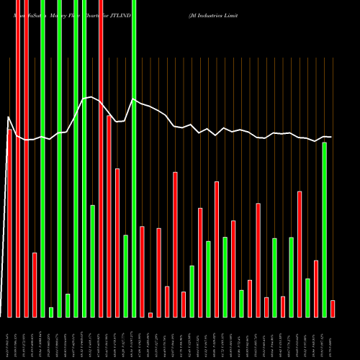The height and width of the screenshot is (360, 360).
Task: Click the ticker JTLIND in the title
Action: [116, 15]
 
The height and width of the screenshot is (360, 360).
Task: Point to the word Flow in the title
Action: [76, 15]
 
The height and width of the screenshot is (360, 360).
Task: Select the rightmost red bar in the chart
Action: [333, 308]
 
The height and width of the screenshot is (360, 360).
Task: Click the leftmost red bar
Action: [9, 223]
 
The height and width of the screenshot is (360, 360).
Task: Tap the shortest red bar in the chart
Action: [150, 315]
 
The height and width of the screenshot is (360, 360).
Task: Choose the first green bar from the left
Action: [42, 158]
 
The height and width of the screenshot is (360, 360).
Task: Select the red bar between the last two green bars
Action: [316, 288]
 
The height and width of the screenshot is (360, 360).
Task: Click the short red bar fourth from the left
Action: [35, 284]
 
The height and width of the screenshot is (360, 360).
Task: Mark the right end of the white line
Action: [331, 137]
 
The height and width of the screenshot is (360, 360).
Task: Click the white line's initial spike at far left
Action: [9, 117]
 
